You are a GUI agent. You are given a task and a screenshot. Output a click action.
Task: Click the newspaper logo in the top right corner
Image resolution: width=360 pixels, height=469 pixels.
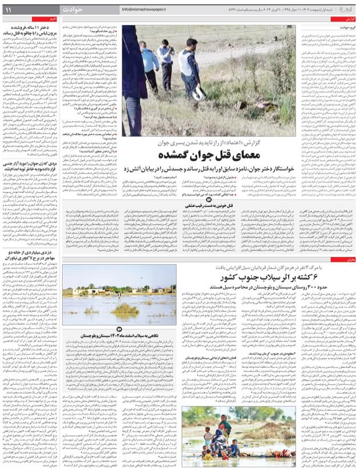click(x=342, y=9)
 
